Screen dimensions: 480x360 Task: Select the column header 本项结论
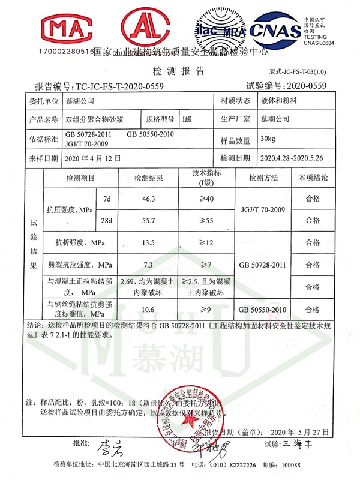point(313,178)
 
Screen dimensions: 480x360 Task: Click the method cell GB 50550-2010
point(263,309)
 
